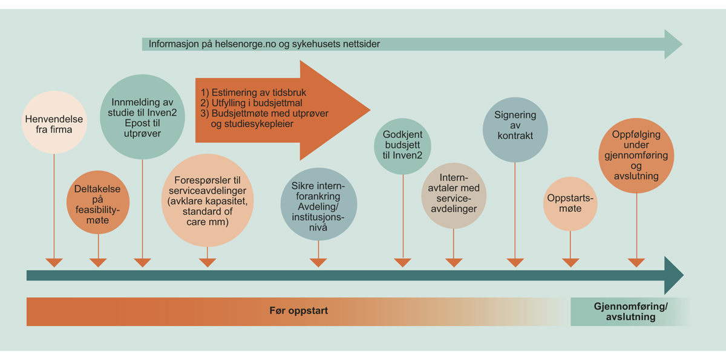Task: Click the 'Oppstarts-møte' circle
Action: [570, 203]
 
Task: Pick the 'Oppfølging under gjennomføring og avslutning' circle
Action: [636, 155]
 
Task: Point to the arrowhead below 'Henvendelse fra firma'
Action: [54, 263]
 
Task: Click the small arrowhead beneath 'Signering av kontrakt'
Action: [515, 263]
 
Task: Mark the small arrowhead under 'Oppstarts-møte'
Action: [570, 263]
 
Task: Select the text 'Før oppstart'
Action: [298, 311]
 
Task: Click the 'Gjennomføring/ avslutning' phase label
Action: [630, 312]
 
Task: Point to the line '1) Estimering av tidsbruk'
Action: [253, 93]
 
